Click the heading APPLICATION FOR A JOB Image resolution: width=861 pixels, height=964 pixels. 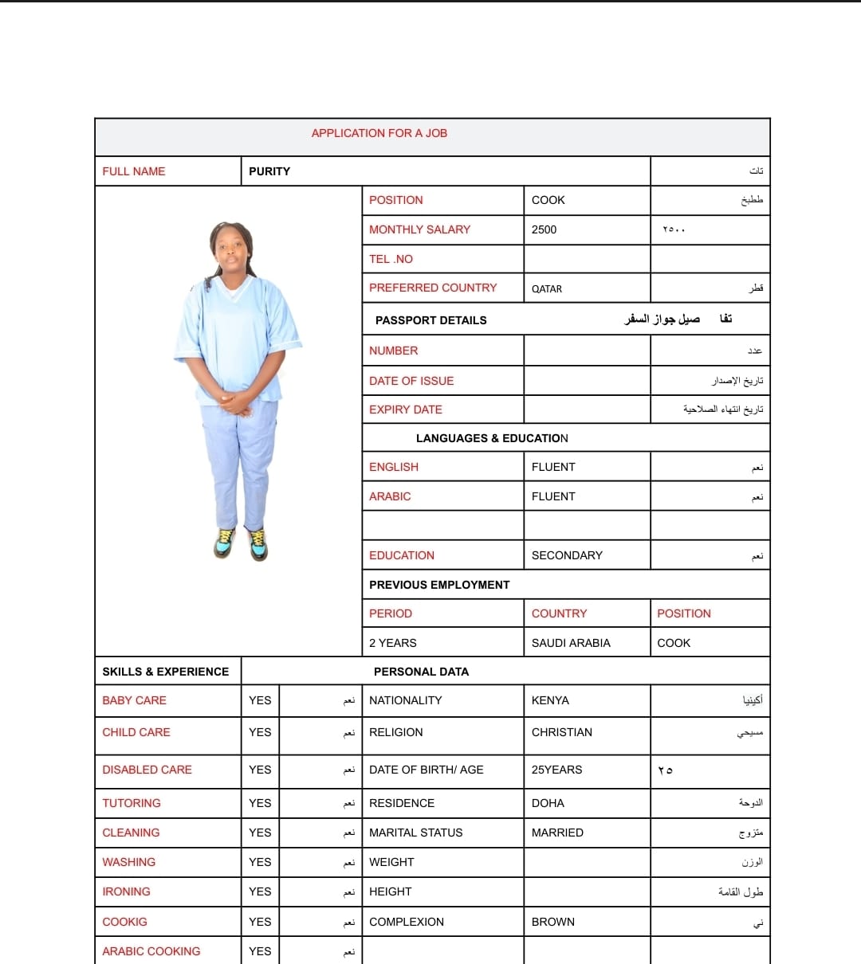[379, 133]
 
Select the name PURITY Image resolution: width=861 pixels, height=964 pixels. [269, 171]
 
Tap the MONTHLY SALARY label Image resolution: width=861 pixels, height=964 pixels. [419, 229]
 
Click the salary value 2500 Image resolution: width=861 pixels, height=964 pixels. [544, 229]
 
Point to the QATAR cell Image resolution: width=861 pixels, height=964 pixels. [547, 288]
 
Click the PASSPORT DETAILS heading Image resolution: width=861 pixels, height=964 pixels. [431, 320]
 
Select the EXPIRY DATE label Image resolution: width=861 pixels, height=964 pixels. [405, 410]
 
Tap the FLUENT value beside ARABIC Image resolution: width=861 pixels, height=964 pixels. [553, 496]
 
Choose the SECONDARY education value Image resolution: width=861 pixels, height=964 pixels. [567, 555]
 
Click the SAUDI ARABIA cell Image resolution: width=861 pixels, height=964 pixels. [571, 643]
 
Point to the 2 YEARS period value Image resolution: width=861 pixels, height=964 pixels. [392, 643]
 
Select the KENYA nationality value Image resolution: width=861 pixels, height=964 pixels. [550, 700]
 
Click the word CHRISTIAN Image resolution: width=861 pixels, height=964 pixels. [561, 732]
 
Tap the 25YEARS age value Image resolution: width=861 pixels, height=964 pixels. [556, 770]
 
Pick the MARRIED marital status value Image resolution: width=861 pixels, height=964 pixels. [557, 833]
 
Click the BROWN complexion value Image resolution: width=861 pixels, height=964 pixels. [552, 922]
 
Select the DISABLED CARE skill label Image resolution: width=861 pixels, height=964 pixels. [147, 770]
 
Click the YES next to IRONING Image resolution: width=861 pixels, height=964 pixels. [260, 892]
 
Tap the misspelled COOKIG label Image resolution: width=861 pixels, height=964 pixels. [124, 922]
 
